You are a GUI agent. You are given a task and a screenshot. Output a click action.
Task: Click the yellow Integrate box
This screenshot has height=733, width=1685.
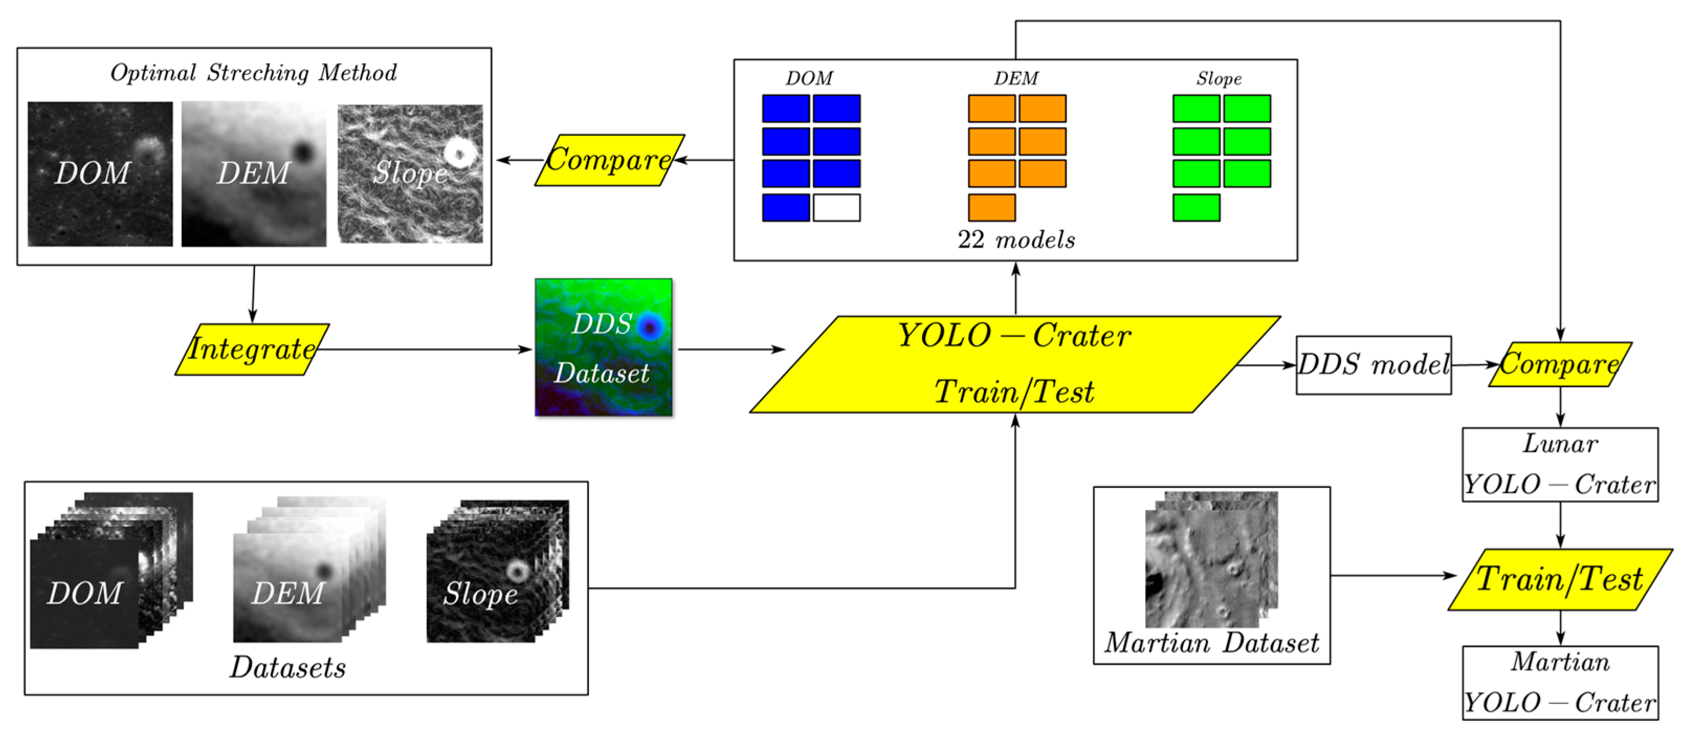click(x=252, y=349)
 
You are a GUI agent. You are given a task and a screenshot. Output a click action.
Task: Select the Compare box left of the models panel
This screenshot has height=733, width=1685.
click(x=609, y=160)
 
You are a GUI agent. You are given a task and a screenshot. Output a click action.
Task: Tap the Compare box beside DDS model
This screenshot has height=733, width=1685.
click(x=1560, y=365)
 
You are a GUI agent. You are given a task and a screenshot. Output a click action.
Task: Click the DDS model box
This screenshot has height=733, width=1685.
click(x=1373, y=365)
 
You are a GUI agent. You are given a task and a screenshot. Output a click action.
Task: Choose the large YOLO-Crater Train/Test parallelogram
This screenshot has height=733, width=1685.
click(x=1015, y=365)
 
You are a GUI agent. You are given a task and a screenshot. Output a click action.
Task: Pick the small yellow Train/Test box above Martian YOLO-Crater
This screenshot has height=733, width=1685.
click(x=1560, y=579)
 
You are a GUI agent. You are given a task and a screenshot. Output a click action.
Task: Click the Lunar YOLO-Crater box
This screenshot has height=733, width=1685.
click(x=1560, y=465)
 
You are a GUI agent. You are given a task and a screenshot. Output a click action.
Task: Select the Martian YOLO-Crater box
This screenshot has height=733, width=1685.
click(x=1560, y=683)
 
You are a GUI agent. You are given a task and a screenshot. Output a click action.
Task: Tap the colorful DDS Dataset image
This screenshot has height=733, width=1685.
click(x=603, y=347)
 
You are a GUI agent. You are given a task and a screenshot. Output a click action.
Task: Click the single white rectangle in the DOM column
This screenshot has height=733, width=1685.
click(x=837, y=207)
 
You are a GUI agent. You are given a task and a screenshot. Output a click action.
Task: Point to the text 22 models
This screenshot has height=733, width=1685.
click(x=1016, y=239)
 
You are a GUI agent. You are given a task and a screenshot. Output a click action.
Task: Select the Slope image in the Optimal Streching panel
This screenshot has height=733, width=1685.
click(x=410, y=173)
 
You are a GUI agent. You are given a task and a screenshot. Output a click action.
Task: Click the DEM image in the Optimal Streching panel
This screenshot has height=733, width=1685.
click(x=254, y=174)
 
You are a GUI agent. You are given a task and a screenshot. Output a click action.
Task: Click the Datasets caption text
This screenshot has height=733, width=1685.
click(x=288, y=668)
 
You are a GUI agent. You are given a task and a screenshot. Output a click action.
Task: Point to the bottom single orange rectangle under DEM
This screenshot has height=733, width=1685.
click(x=992, y=207)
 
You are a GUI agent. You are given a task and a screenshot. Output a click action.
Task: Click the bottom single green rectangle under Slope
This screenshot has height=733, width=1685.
click(x=1196, y=207)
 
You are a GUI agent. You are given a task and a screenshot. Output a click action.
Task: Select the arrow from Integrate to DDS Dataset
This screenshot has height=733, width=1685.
click(x=425, y=349)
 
